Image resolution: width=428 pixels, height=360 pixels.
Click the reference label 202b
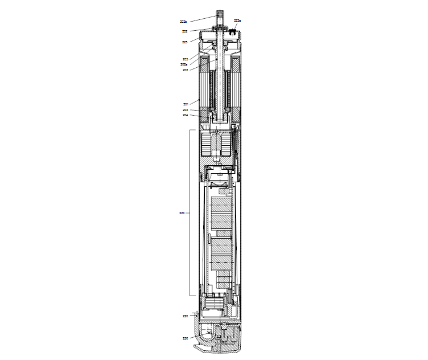coord(183,22)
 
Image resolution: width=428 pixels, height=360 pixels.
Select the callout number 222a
coord(237,21)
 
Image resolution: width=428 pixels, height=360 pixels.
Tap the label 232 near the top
coord(185,31)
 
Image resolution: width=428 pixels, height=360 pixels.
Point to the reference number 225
coord(185,42)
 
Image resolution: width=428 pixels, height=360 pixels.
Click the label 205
coord(185,59)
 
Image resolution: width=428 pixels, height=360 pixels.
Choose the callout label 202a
coord(184,64)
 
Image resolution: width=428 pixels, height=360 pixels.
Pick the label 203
coord(186,110)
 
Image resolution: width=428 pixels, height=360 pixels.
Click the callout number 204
coord(186,115)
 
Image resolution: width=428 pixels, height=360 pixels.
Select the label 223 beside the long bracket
coord(182,213)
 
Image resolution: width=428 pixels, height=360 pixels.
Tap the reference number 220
coord(185,316)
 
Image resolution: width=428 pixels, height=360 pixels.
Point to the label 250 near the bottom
coord(185,338)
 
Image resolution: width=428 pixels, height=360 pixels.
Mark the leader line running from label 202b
coord(202,19)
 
